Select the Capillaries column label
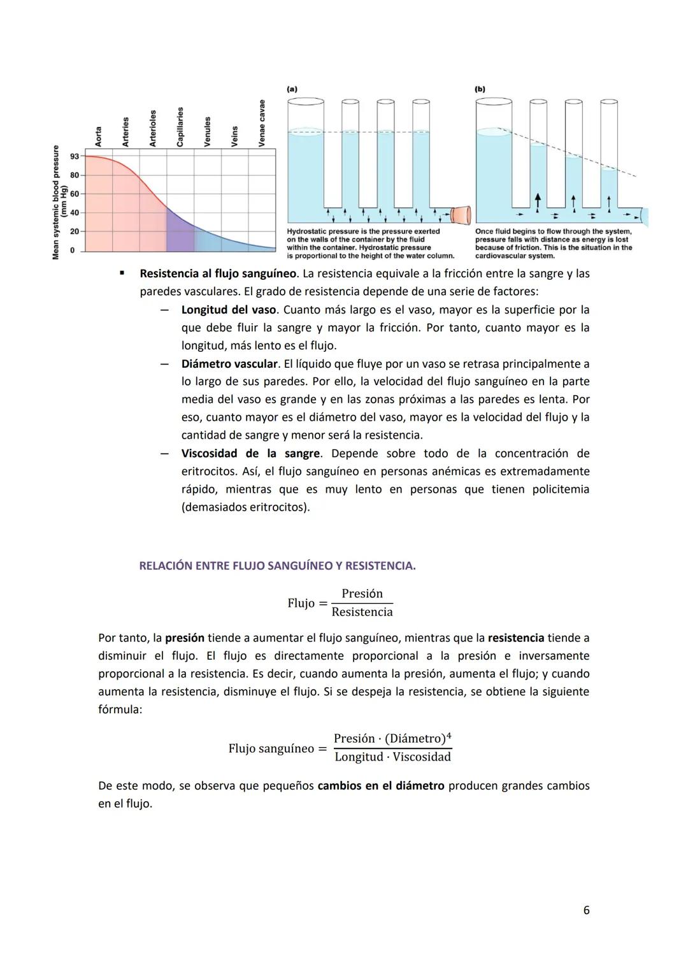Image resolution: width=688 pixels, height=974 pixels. [x=180, y=127]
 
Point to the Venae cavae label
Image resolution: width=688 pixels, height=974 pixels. [x=262, y=123]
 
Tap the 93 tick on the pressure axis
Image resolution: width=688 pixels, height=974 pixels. [x=75, y=156]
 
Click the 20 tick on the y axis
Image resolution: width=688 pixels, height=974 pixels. [x=75, y=231]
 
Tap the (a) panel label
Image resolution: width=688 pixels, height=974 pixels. [x=292, y=89]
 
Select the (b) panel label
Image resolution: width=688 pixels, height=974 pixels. [x=480, y=89]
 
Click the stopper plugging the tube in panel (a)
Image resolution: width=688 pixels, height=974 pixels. [x=461, y=215]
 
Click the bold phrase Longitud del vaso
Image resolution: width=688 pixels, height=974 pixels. [x=229, y=310]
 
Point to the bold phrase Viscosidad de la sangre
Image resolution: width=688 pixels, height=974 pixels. [x=250, y=453]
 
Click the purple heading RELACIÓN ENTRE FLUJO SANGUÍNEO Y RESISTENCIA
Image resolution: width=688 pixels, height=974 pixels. [x=277, y=566]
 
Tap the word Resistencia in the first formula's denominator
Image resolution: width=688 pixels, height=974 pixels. [x=362, y=612]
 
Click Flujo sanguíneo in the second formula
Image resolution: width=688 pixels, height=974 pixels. [x=271, y=748]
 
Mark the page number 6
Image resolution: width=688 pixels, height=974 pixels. [x=586, y=910]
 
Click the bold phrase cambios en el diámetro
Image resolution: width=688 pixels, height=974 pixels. [x=380, y=786]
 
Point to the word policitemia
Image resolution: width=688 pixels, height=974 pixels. [x=561, y=490]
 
